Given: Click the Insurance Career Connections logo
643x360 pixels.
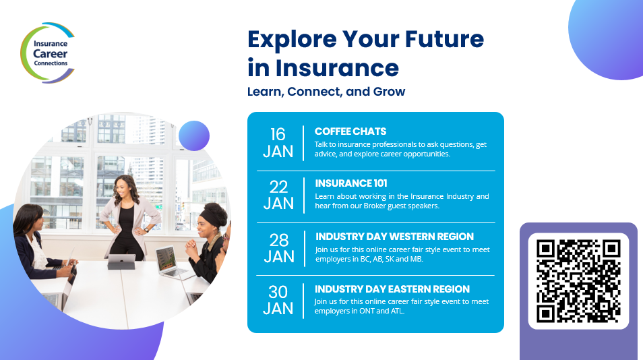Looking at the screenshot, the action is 48,53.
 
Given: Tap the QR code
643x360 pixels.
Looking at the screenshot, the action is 578,281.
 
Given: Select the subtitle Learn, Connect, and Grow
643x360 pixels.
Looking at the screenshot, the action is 326,92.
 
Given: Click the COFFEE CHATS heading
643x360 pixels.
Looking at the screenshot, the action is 350,131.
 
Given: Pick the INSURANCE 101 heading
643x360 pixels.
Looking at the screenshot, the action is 351,183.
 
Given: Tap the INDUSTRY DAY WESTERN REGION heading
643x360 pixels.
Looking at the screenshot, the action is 394,237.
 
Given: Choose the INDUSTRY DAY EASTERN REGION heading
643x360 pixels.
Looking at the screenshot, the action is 392,289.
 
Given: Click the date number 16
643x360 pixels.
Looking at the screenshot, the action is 278,134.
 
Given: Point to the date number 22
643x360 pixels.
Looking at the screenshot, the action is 278,187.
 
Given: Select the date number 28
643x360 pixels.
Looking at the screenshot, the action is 279,240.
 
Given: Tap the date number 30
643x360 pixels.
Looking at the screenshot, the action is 278,292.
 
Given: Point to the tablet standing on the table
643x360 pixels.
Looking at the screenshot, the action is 121,262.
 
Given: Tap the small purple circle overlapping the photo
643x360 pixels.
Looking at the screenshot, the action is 194,136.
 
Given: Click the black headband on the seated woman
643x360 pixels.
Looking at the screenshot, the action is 212,218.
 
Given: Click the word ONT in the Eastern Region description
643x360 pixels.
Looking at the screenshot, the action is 367,311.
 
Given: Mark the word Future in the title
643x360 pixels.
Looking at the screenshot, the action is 445,39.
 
